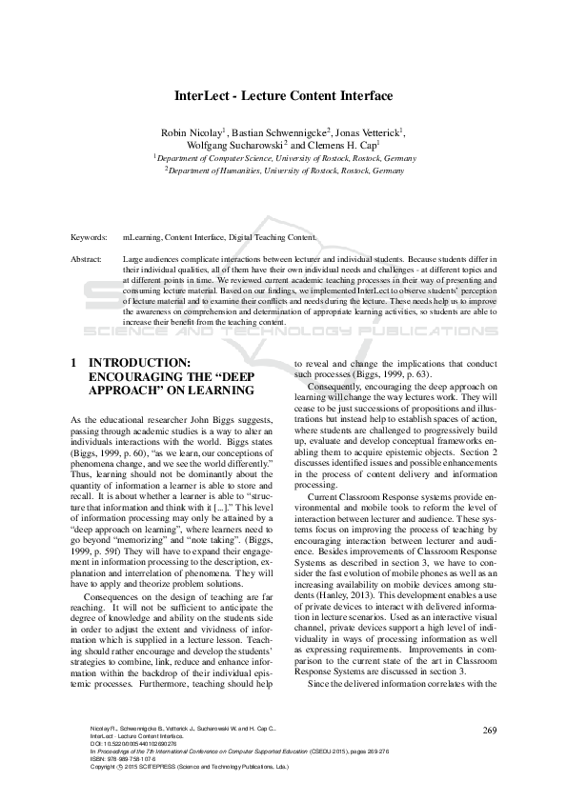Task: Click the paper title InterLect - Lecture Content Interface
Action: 283,96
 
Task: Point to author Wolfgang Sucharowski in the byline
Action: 234,145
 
